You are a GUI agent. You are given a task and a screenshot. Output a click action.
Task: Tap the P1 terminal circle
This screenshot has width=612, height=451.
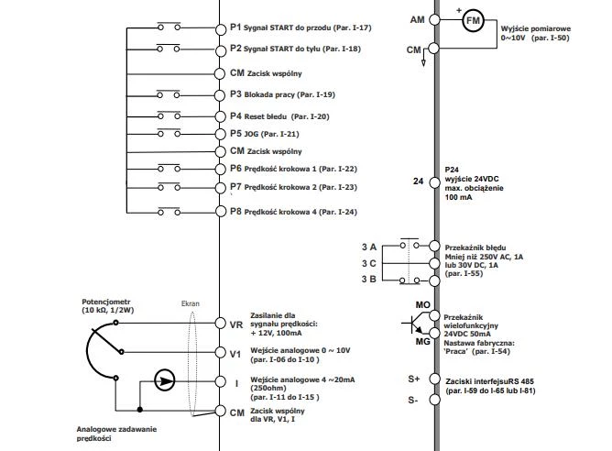(221, 28)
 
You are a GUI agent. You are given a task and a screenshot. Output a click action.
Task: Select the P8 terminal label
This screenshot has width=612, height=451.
(235, 212)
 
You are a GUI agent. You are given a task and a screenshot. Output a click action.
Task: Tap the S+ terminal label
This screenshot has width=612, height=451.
(414, 378)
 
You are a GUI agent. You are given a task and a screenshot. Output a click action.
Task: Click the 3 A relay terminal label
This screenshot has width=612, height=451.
(369, 247)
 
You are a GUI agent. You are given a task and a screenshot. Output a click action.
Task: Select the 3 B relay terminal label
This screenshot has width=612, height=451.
(369, 279)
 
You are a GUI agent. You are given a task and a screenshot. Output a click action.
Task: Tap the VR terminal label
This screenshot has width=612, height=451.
(235, 324)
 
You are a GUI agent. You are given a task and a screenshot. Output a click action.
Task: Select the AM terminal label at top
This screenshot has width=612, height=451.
(416, 19)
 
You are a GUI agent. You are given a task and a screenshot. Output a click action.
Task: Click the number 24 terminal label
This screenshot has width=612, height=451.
(419, 182)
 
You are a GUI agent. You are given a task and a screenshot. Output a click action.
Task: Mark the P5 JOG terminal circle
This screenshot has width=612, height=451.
(221, 134)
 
